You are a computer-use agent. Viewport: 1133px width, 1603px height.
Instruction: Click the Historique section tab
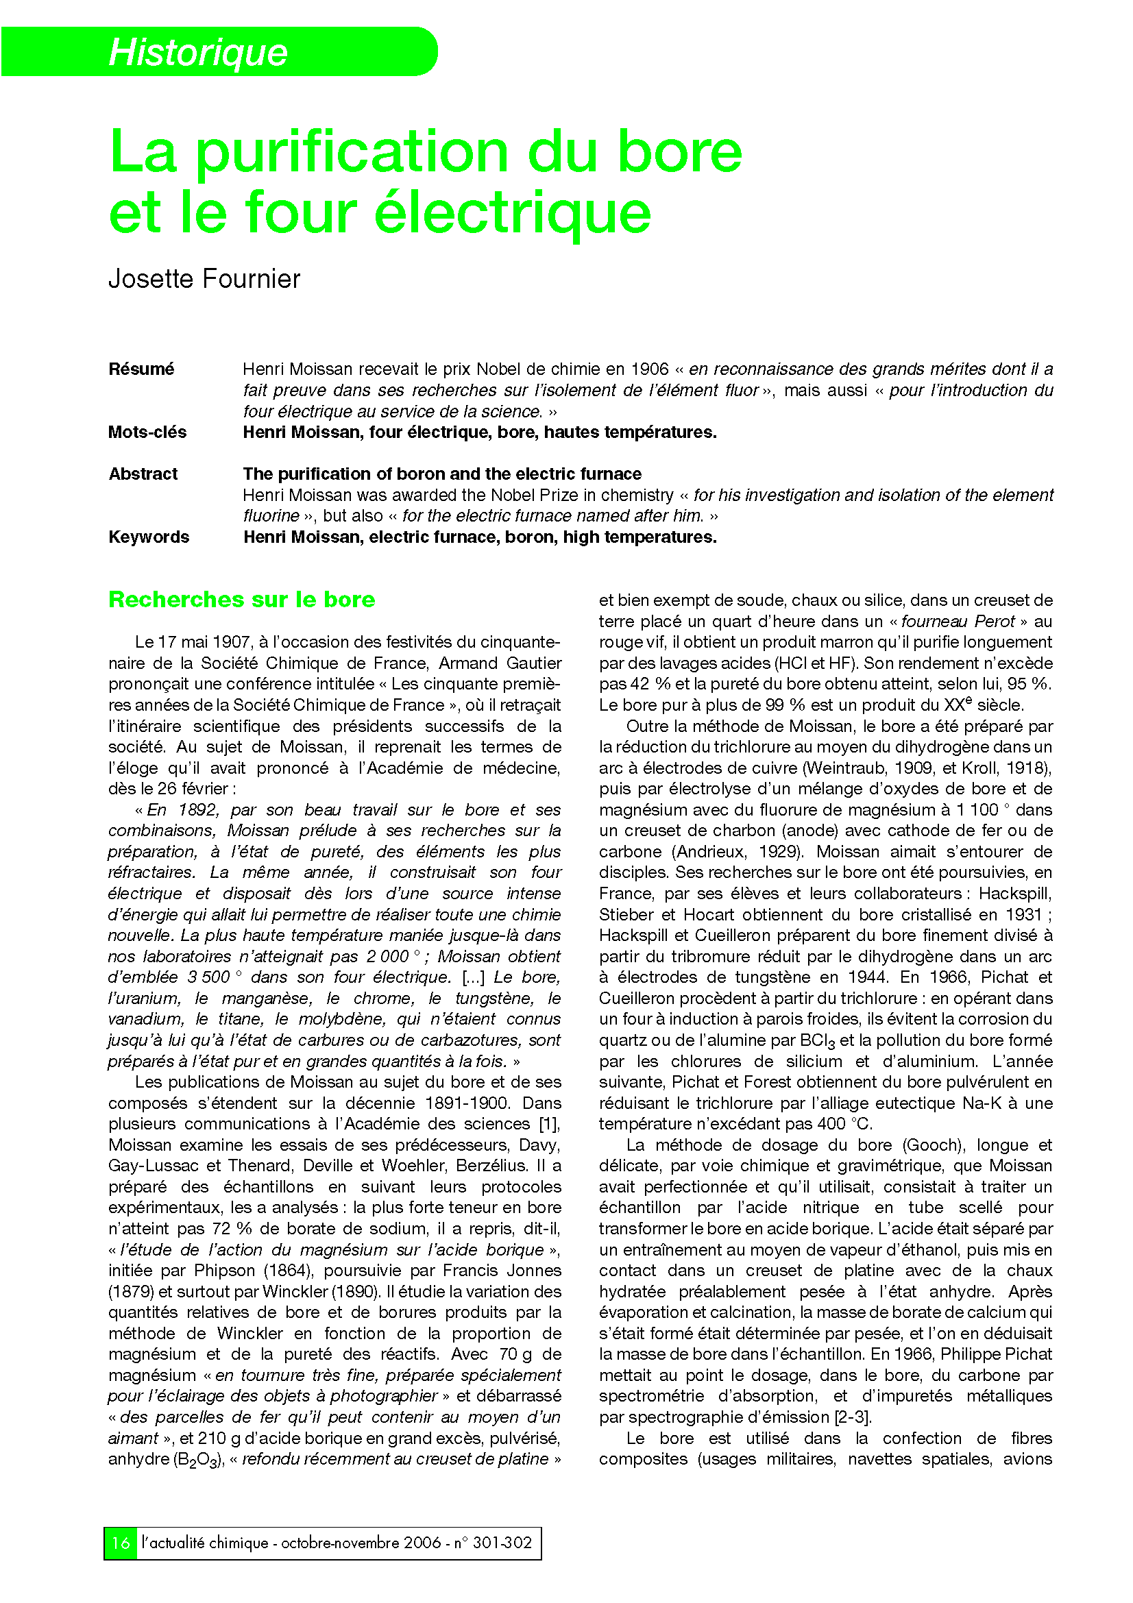198,52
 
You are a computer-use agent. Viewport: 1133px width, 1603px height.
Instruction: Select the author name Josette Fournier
204,279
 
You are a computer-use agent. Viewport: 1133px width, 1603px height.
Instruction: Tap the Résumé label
141,369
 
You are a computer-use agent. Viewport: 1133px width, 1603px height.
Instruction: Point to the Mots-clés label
147,432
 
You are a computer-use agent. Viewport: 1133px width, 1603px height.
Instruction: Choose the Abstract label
143,474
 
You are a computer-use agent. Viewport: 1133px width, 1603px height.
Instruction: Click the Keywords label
149,537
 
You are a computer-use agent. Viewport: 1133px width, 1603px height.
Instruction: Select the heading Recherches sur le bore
241,600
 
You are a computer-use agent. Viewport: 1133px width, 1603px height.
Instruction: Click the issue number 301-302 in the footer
502,1542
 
